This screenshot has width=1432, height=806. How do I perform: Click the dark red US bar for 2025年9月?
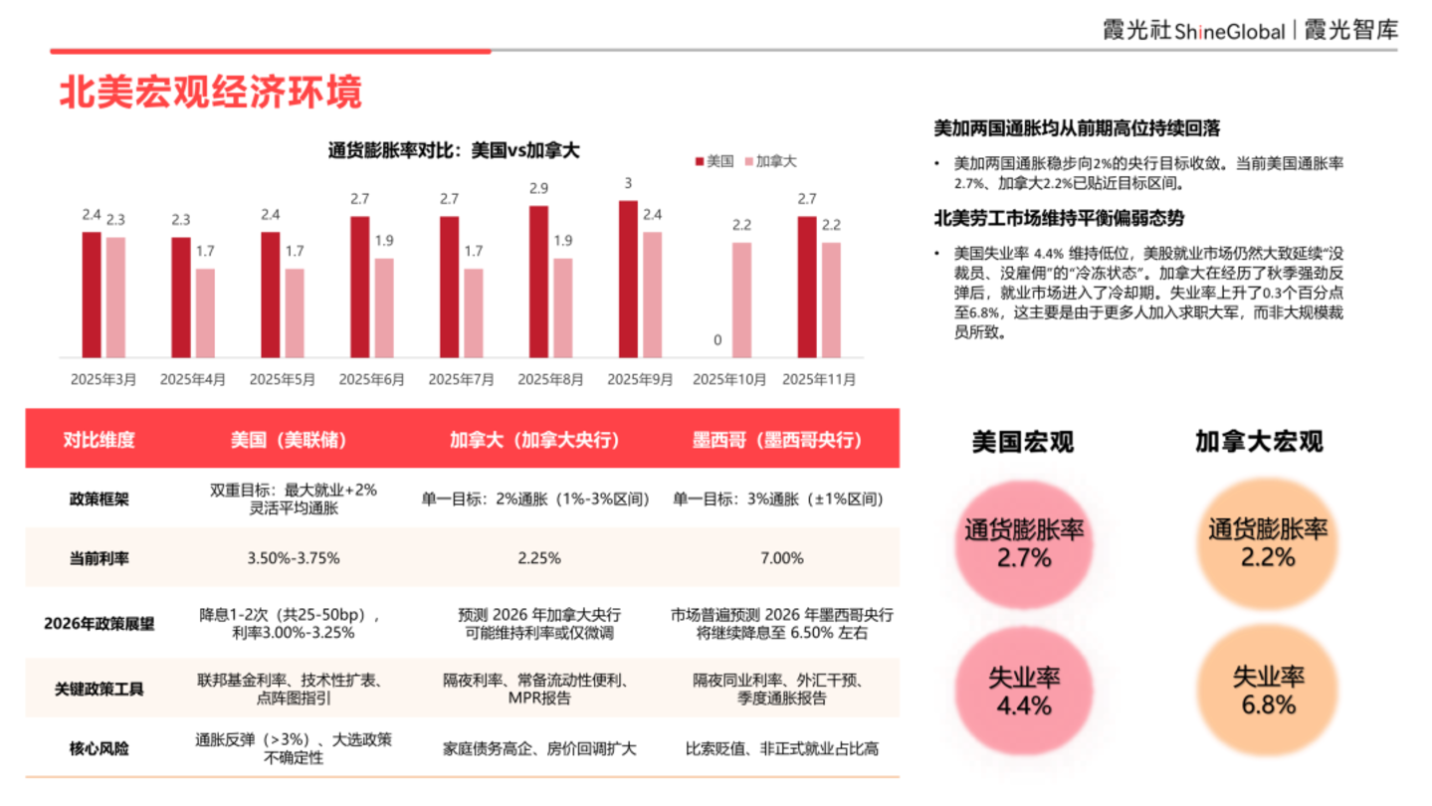tap(628, 280)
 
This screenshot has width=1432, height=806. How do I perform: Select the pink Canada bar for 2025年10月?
tap(741, 301)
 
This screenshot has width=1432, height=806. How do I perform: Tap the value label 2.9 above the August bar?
tap(539, 188)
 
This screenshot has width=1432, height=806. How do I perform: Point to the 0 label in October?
tap(717, 340)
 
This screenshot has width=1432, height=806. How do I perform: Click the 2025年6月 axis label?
tap(371, 380)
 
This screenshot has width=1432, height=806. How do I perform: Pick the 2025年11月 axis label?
tap(819, 380)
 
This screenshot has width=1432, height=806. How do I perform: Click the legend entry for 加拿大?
tap(771, 161)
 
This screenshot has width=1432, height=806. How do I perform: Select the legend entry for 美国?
tap(715, 161)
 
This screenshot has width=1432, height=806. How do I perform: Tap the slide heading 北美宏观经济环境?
tap(211, 92)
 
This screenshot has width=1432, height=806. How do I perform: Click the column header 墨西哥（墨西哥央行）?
tap(777, 440)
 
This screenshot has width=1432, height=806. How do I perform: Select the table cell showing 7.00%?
tap(782, 558)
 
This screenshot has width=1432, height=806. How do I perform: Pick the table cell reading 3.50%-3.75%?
tap(294, 558)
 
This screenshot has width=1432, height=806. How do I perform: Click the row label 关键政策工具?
tap(100, 689)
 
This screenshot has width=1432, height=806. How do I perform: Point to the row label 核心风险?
tap(100, 748)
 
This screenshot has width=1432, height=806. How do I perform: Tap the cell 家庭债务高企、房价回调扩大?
tap(539, 748)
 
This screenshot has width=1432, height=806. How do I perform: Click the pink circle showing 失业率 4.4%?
tap(1023, 691)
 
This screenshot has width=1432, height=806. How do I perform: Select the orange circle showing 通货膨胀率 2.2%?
tap(1268, 543)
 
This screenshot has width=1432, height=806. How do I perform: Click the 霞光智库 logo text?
tap(1350, 30)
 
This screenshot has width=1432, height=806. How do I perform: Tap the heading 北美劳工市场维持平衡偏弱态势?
tap(1059, 219)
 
